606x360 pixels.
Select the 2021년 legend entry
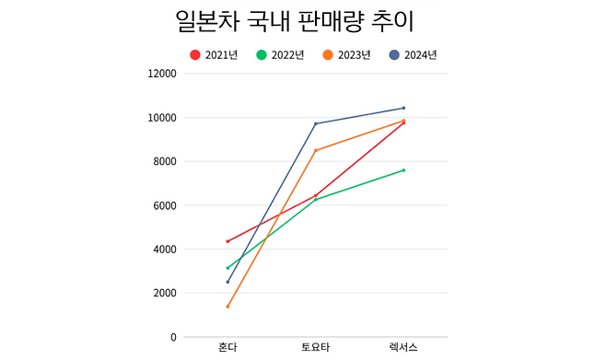214,55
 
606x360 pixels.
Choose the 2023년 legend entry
347,55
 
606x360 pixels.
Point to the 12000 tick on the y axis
162,74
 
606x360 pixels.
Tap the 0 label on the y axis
173,337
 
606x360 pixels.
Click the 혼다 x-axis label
227,348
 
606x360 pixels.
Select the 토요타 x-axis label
315,348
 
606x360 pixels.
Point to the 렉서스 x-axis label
403,348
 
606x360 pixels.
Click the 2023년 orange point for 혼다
227,307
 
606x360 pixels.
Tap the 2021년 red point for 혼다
227,241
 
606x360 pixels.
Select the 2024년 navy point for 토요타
315,123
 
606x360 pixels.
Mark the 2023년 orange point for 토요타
315,150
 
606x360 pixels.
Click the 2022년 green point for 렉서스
403,170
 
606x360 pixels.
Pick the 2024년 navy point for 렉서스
403,108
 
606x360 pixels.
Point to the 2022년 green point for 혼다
227,268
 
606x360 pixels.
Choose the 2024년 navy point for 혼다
227,282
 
